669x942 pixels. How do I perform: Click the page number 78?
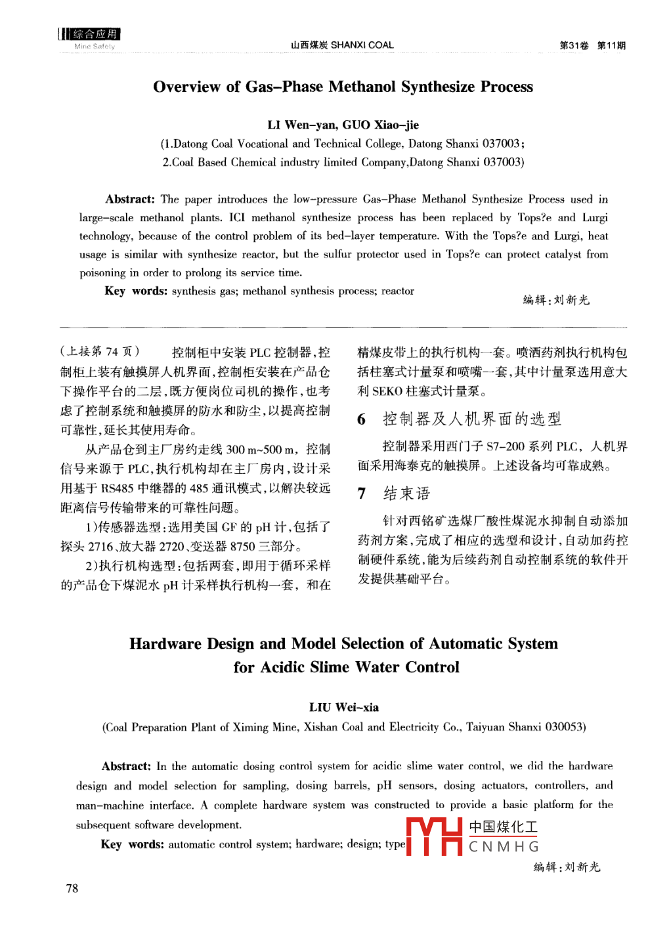(72, 888)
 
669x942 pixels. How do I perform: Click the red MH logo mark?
(434, 836)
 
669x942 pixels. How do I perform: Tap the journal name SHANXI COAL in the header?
(362, 45)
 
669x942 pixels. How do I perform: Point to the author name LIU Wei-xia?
(343, 707)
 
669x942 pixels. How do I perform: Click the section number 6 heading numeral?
(362, 419)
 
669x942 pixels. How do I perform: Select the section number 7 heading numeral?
(362, 494)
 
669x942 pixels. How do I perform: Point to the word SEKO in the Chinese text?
(387, 391)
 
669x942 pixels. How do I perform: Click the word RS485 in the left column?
(119, 488)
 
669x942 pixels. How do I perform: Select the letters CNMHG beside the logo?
(504, 847)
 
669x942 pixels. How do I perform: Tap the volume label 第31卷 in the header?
(574, 45)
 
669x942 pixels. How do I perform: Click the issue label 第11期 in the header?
(611, 45)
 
